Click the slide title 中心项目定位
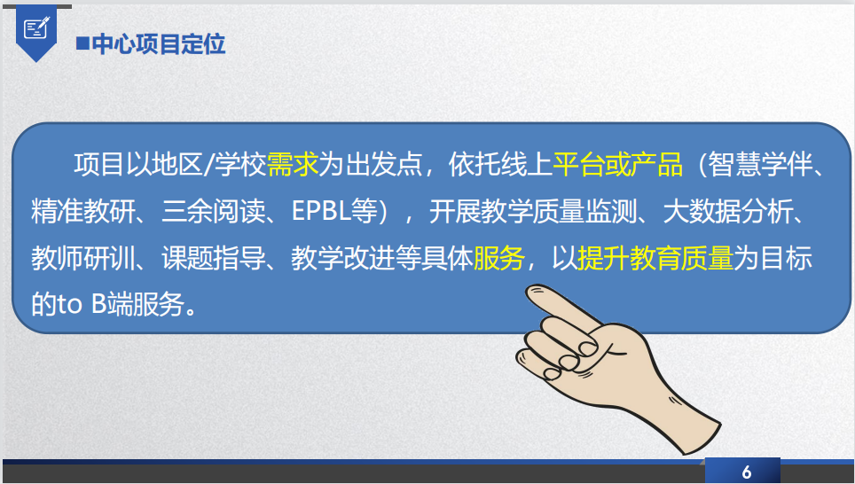pyautogui.click(x=159, y=44)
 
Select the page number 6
pyautogui.click(x=747, y=472)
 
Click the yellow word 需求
pyautogui.click(x=293, y=164)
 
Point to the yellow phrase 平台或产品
pyautogui.click(x=618, y=164)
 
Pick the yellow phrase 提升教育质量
pyautogui.click(x=655, y=258)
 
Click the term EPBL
pyautogui.click(x=321, y=211)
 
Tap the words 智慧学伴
pyautogui.click(x=761, y=164)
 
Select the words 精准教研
pyautogui.click(x=82, y=211)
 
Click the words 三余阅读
pyautogui.click(x=214, y=211)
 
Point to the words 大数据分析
pyautogui.click(x=728, y=211)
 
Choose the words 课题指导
pyautogui.click(x=214, y=258)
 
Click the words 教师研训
pyautogui.click(x=82, y=258)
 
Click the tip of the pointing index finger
pyautogui.click(x=529, y=291)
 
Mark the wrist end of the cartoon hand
pyautogui.click(x=701, y=436)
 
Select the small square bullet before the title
pyautogui.click(x=82, y=43)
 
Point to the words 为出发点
pyautogui.click(x=371, y=164)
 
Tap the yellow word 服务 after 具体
pyautogui.click(x=499, y=258)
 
